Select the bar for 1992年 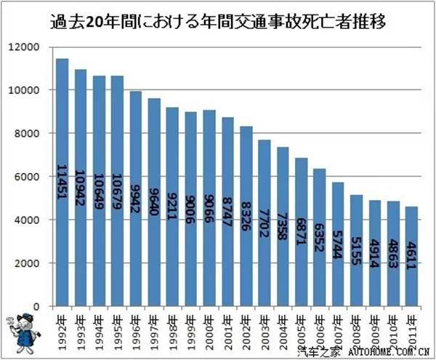[62, 182]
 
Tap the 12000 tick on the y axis [30, 47]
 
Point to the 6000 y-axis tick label [32, 177]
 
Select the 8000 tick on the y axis [32, 134]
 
